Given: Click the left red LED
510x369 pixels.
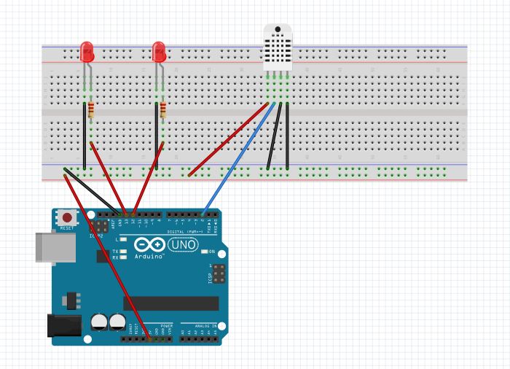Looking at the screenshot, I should (87, 52).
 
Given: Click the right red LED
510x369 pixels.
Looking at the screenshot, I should (159, 52).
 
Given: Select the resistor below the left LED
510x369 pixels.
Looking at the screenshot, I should (91, 110).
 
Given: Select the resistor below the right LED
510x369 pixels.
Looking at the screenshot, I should (162, 110).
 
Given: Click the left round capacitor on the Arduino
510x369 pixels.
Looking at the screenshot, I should (99, 321).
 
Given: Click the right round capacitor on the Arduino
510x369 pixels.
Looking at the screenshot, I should (117, 321).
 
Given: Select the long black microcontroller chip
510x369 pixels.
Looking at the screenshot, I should (176, 303).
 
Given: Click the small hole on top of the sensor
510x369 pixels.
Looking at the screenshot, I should (278, 31).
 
